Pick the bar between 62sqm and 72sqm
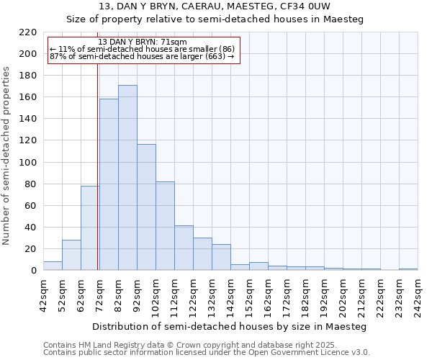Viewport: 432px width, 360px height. coord(90,228)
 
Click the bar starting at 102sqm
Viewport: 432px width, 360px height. coord(165,226)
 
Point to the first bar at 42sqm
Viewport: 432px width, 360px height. coord(53,266)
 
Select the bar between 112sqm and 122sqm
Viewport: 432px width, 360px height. coord(184,248)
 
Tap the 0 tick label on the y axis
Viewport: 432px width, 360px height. coord(34,271)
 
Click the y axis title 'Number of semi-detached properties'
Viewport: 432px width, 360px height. coord(7,156)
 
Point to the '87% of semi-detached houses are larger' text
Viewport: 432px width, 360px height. coord(142,56)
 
